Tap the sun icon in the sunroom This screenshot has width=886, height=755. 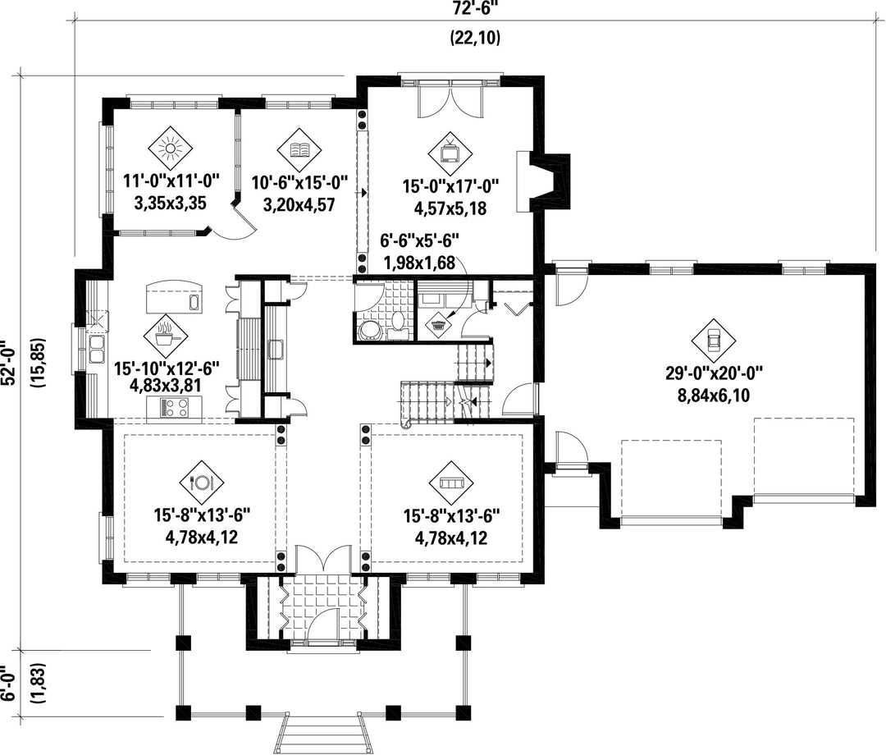[x=170, y=149]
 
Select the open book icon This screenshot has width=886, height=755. [x=299, y=149]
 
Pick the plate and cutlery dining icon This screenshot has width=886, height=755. [x=202, y=483]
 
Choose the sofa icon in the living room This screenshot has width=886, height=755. [x=452, y=483]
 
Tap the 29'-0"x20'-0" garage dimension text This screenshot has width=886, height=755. [x=715, y=373]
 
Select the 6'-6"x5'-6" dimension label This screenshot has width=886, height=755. [x=420, y=242]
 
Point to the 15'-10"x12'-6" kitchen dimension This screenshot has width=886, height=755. [x=167, y=369]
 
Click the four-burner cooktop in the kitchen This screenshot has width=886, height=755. [x=175, y=407]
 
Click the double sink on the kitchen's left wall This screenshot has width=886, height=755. [x=95, y=348]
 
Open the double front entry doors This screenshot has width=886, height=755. [x=323, y=560]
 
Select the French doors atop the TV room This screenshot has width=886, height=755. [x=450, y=98]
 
